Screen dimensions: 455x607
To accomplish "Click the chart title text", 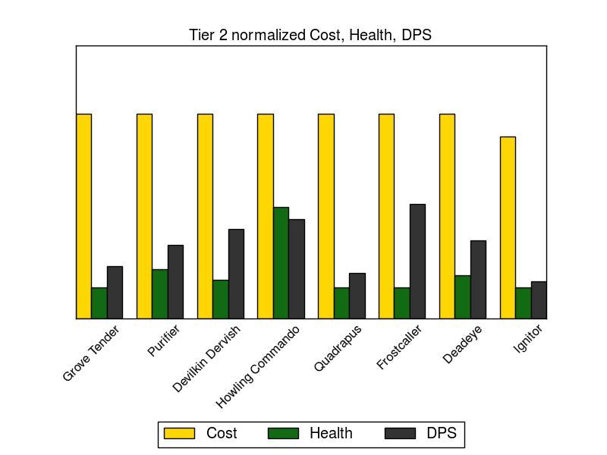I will (x=310, y=35).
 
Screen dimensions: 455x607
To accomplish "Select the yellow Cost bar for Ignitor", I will (x=508, y=227).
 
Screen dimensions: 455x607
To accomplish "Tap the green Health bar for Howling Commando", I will (x=281, y=262).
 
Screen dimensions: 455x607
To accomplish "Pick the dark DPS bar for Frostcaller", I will (x=417, y=261).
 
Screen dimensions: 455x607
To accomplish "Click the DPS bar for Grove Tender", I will (x=115, y=292).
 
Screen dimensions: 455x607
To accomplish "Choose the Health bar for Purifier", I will (x=159, y=293).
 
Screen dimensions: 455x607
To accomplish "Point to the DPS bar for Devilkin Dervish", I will (x=236, y=274).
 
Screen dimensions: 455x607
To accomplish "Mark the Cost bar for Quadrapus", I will (x=326, y=216).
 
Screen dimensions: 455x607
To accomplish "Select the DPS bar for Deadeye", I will (x=478, y=279).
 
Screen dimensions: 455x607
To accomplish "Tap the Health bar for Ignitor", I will (x=523, y=303).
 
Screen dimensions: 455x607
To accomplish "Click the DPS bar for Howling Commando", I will (x=296, y=268).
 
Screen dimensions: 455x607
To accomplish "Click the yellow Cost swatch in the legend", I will (x=179, y=433).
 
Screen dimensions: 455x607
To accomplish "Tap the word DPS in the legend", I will (x=442, y=433).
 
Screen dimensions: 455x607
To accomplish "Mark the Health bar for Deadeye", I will (x=462, y=297).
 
